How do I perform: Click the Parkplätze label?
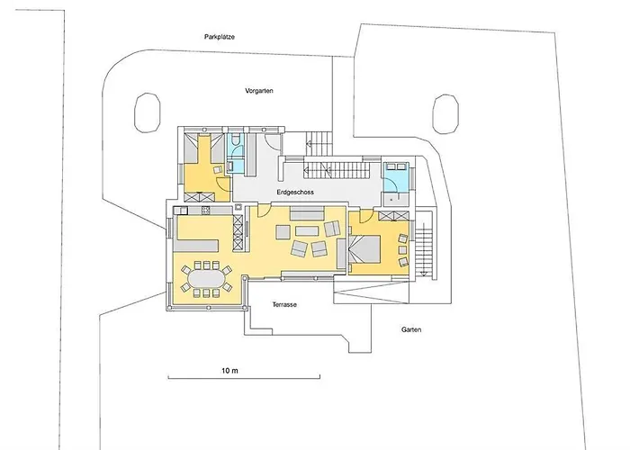point(220,37)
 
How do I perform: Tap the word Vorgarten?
point(259,91)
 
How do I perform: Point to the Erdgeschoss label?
point(295,192)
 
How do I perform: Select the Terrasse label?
point(284,304)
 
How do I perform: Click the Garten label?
point(411,329)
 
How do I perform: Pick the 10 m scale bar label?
point(229,371)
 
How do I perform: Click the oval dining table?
point(206,279)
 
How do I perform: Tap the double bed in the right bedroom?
point(364,249)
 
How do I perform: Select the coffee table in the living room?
point(307,230)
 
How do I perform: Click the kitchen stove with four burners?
point(206,210)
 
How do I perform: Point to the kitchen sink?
point(180,210)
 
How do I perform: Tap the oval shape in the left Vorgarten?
point(147,112)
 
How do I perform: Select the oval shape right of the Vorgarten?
point(445,114)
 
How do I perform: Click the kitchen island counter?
point(196,245)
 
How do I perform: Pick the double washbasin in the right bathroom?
point(396,166)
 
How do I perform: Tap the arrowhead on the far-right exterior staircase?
point(423,274)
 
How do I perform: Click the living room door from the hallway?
point(265,210)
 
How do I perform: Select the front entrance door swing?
point(273,141)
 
